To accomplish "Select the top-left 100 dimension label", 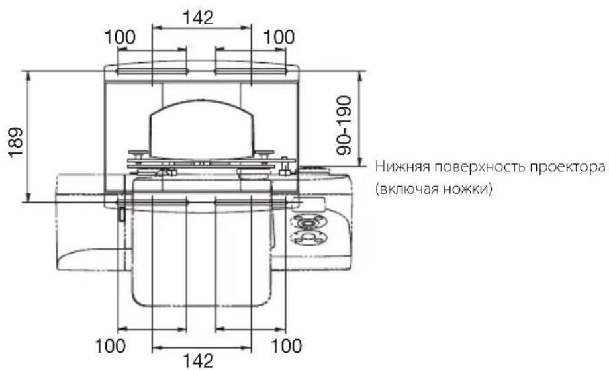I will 121,38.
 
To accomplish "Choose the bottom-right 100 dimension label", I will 285,346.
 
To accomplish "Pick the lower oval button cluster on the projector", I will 308,236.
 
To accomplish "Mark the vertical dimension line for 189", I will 28,136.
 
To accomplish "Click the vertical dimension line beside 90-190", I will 359,119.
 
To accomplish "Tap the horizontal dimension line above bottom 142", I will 201,347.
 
